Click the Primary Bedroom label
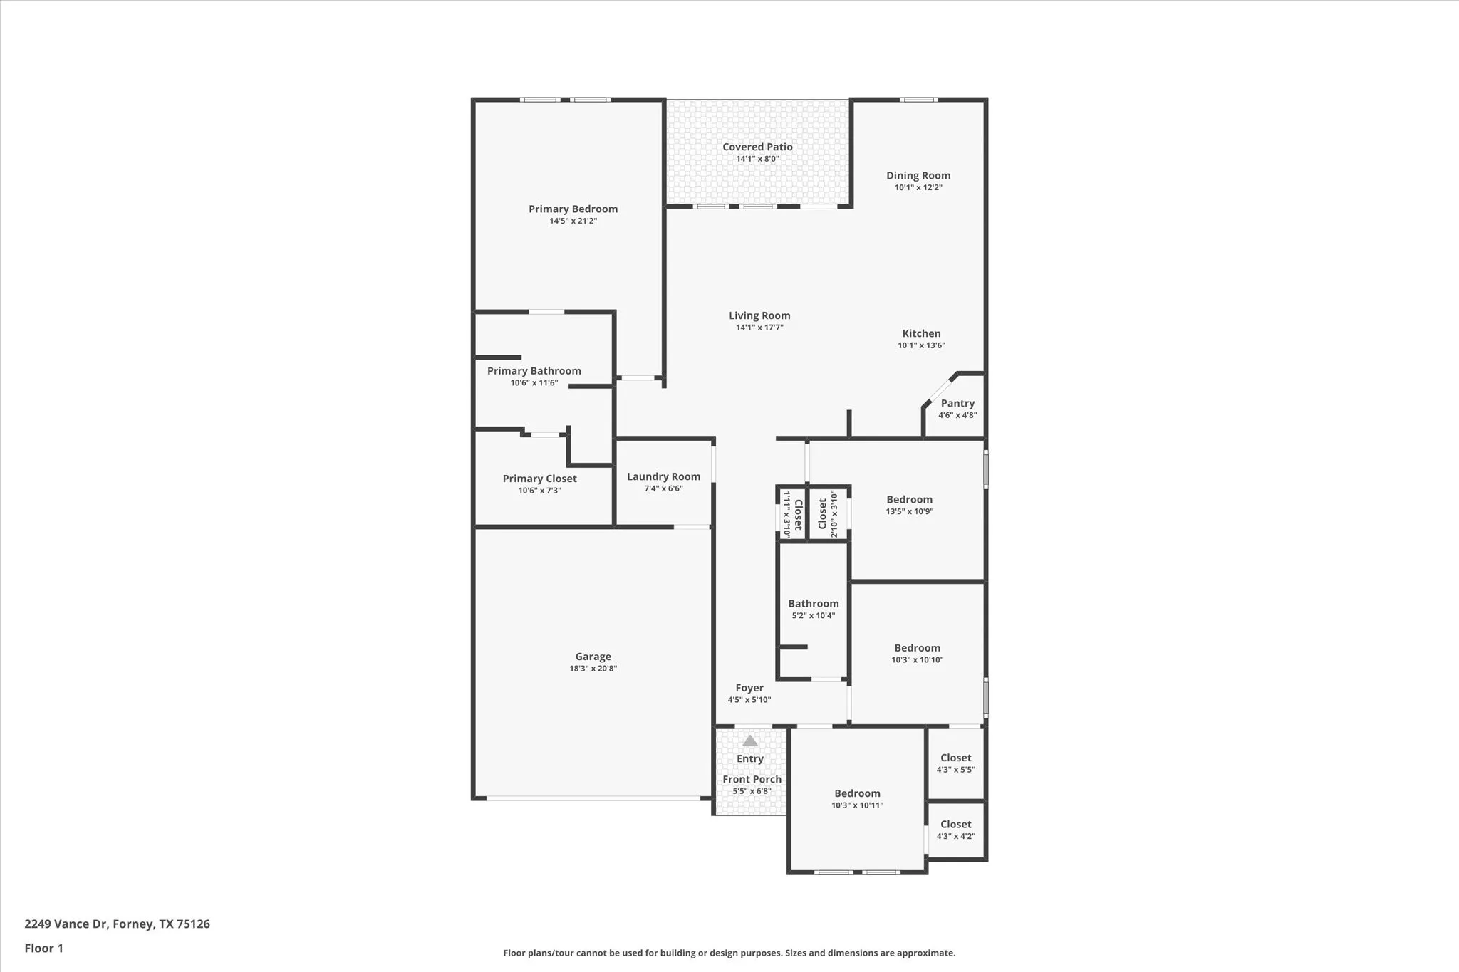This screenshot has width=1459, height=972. [573, 209]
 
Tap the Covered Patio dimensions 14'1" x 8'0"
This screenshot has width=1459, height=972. [757, 159]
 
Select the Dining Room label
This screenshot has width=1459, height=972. [918, 175]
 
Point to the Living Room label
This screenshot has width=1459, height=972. [759, 315]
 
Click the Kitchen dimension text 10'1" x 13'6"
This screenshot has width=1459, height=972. [921, 345]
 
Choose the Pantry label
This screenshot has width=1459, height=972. [957, 403]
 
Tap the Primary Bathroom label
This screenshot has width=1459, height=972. [534, 370]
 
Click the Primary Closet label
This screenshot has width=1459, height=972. [539, 479]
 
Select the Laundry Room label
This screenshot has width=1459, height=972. [663, 476]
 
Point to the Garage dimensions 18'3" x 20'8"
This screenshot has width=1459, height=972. [593, 669]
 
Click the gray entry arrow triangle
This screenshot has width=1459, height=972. [750, 741]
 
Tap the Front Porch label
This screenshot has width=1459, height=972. [752, 779]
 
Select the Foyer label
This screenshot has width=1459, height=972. [749, 688]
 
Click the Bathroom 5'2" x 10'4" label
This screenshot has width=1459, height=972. [814, 603]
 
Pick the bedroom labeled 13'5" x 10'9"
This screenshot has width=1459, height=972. [909, 500]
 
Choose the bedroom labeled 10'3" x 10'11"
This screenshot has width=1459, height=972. [857, 793]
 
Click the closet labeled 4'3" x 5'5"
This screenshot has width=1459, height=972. [955, 758]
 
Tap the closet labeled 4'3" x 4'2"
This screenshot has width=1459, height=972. [955, 825]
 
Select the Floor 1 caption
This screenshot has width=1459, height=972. [43, 948]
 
